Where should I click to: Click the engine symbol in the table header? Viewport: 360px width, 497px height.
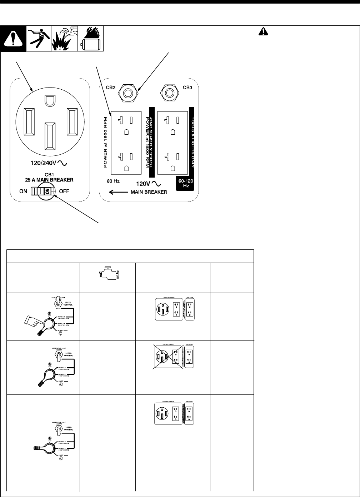click(107, 275)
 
